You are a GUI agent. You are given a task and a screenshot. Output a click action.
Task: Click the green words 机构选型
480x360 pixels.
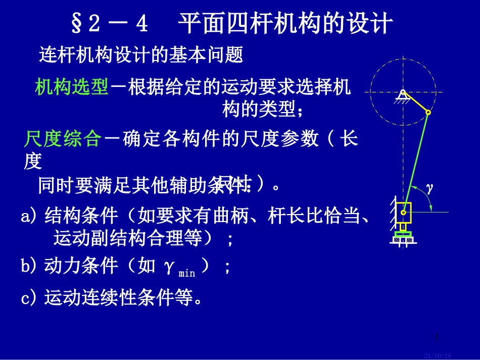(72, 87)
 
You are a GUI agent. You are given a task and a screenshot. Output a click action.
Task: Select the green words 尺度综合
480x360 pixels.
(63, 139)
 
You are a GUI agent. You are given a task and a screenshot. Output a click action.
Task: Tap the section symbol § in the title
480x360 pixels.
(77, 24)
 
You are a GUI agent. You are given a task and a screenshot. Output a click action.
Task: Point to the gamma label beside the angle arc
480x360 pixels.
(430, 188)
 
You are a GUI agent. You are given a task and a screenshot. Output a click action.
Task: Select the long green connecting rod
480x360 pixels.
(416, 162)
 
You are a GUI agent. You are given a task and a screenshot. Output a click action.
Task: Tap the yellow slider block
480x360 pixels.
(404, 213)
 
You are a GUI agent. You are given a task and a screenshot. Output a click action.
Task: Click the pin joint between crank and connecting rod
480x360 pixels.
(428, 112)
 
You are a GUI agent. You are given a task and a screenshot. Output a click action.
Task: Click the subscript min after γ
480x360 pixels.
(186, 274)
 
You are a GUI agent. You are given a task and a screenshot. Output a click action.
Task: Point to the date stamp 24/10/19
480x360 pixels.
(438, 355)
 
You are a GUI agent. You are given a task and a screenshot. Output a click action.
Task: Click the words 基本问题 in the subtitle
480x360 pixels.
(218, 55)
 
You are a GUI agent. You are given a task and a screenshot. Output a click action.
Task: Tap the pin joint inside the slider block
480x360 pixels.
(404, 213)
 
